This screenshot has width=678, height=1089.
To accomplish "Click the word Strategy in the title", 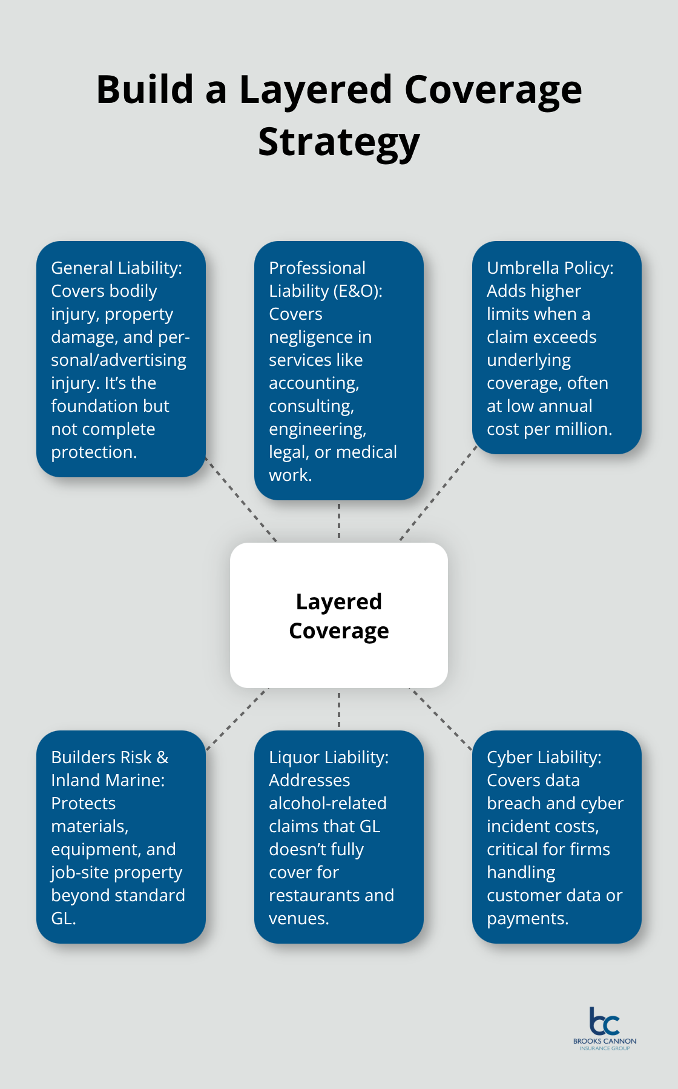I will click(338, 142).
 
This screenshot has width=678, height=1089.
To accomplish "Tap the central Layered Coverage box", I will click(338, 615).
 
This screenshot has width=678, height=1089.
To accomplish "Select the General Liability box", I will click(121, 359).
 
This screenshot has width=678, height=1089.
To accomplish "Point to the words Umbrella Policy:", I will click(550, 268).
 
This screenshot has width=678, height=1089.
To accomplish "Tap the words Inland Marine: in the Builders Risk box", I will click(108, 780).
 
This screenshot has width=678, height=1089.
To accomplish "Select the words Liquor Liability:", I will click(329, 757).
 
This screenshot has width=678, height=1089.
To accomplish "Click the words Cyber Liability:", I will click(544, 757).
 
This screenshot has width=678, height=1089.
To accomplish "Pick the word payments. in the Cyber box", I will click(527, 918).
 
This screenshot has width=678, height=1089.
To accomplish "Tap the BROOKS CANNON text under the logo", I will click(604, 1041).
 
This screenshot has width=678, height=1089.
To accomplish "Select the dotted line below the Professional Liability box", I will click(339, 521).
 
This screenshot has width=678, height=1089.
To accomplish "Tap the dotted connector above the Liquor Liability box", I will click(339, 709).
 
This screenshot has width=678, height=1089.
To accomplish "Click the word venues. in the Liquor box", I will click(298, 918).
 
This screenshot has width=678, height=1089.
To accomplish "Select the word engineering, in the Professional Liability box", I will click(317, 429).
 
